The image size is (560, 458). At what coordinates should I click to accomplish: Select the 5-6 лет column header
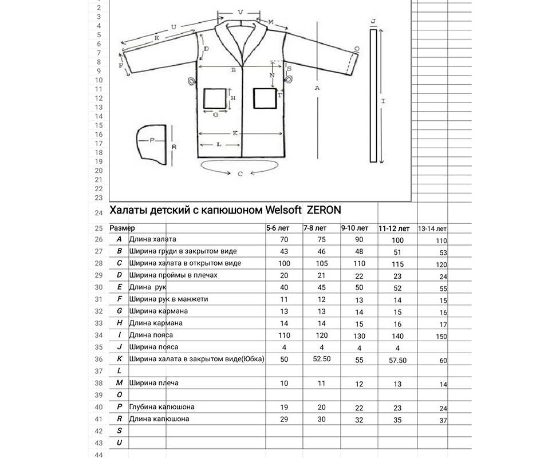(x=278, y=228)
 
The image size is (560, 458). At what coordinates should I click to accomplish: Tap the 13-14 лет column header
(x=432, y=229)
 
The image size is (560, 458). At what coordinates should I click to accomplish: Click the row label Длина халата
(x=153, y=239)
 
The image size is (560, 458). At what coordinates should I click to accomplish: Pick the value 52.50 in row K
(x=321, y=360)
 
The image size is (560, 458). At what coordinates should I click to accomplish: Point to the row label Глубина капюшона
(x=162, y=407)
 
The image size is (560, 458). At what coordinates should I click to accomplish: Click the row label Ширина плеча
(x=154, y=382)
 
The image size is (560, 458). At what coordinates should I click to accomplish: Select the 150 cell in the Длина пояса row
(x=440, y=337)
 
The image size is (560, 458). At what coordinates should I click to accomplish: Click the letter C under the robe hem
(x=240, y=173)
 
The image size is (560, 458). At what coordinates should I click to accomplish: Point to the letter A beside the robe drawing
(x=316, y=88)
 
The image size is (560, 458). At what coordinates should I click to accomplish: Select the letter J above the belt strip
(x=373, y=21)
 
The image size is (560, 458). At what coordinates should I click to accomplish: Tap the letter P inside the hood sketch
(x=152, y=140)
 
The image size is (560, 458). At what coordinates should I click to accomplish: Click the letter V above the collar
(x=240, y=12)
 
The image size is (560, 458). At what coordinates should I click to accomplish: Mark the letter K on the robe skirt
(x=235, y=133)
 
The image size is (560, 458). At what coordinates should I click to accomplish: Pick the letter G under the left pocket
(x=215, y=114)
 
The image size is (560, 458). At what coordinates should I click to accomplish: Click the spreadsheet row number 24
(x=98, y=213)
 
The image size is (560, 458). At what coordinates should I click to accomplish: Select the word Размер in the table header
(x=122, y=228)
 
